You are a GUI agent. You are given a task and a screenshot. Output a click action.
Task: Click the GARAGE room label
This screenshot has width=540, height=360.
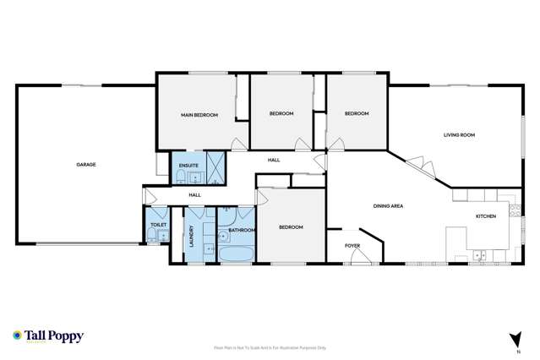pos(85,165)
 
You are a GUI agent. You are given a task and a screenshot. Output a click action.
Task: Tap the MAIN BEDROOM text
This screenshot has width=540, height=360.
pos(199,114)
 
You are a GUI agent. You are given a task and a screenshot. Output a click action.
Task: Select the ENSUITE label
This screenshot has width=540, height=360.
pos(189,165)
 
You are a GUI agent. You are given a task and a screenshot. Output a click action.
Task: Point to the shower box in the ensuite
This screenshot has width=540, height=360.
pos(218,168)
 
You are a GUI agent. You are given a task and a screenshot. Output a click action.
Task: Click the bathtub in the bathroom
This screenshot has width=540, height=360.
pos(235,253)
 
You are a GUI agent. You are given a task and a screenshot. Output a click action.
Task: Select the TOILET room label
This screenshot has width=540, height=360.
pos(158,226)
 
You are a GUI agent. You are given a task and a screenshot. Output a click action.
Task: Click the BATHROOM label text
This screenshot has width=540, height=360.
pos(242,229)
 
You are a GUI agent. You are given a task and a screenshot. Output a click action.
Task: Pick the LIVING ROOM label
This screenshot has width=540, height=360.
pos(460,135)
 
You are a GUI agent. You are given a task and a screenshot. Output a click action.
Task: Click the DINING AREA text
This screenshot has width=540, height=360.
pos(388,206)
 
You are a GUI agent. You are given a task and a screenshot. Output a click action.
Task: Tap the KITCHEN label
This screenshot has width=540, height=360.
pos(485,216)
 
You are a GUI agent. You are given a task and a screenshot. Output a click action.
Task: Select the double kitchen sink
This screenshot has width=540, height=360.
pos(479,254)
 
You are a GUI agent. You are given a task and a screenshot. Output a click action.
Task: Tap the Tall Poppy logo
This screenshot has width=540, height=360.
pos(48,335)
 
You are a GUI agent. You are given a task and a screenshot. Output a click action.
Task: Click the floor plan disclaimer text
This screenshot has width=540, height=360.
pos(270,348)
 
